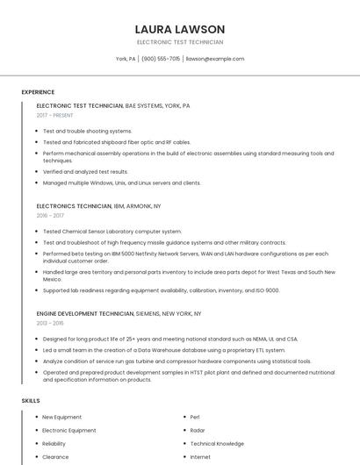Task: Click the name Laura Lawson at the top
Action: (x=180, y=29)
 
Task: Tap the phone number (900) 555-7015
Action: (x=161, y=59)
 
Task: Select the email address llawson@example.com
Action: (x=215, y=59)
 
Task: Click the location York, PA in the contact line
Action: (x=126, y=59)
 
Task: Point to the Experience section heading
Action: (x=38, y=92)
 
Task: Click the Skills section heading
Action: (x=30, y=401)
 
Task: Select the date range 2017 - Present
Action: (x=55, y=115)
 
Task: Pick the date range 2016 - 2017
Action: (x=50, y=215)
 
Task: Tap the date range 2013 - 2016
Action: (x=50, y=323)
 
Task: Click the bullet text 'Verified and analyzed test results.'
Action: (x=86, y=172)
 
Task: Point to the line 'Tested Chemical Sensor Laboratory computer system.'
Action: (x=112, y=232)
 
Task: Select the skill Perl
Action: (x=195, y=417)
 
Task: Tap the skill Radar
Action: (x=198, y=431)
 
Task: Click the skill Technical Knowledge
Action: (x=218, y=444)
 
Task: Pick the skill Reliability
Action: (x=54, y=444)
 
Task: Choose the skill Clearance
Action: (x=55, y=457)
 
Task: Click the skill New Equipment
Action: (x=61, y=417)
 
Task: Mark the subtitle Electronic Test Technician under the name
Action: (x=180, y=42)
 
